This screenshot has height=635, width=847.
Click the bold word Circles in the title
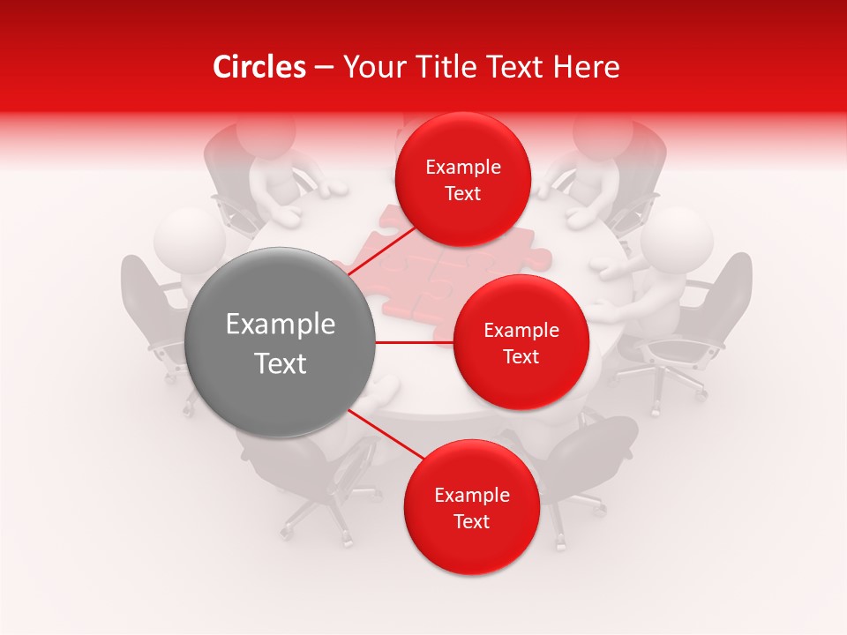(259, 67)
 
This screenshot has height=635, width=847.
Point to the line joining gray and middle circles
(415, 342)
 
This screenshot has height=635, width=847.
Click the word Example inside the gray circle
(281, 325)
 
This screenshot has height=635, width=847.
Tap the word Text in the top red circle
(463, 194)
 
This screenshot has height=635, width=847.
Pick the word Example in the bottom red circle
(472, 496)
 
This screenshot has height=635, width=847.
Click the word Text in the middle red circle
(521, 357)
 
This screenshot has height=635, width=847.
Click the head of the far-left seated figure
(188, 238)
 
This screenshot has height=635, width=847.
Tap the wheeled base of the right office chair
(657, 379)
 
